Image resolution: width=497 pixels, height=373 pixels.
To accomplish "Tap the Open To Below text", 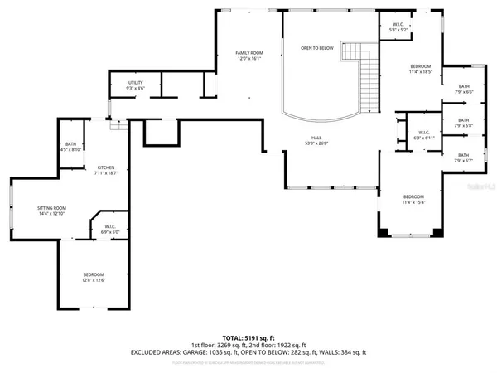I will (x=316, y=48).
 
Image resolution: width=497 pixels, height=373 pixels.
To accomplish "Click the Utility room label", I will (x=135, y=83).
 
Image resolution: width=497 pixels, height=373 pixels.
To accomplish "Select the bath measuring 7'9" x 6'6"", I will (x=463, y=89).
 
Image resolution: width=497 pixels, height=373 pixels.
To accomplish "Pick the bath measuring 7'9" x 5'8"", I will (x=463, y=123).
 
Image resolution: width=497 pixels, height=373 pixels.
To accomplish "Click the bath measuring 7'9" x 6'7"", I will (x=463, y=157).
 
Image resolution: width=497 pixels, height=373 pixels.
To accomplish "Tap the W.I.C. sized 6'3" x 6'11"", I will (x=422, y=134).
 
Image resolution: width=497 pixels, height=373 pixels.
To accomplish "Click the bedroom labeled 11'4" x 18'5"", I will (x=421, y=69).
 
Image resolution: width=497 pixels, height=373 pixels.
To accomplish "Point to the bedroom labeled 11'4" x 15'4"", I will (x=413, y=199).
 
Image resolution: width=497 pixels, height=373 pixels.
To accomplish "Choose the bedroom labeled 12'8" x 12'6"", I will (x=94, y=277).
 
